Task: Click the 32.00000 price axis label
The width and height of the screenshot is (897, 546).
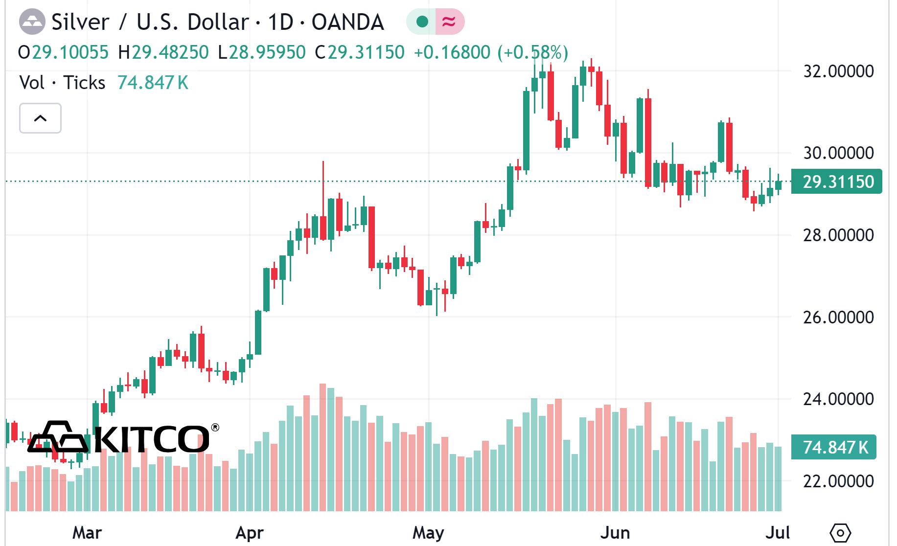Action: [x=838, y=71]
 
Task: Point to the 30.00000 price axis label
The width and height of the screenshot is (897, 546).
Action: [x=838, y=153]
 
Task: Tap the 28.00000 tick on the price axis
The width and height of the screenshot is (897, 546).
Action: [x=838, y=235]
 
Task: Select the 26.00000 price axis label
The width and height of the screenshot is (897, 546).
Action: [x=838, y=318]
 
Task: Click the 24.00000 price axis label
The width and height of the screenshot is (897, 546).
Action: [x=838, y=399]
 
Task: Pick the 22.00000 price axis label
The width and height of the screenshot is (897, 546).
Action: [x=838, y=481]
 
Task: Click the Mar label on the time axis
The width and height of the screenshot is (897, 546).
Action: [x=87, y=533]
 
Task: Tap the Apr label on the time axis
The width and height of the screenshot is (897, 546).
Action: [x=250, y=533]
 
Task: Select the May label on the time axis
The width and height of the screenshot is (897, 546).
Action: [x=428, y=533]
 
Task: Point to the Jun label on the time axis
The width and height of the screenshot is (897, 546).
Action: [x=615, y=533]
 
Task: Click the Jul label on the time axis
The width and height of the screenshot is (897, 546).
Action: [x=778, y=533]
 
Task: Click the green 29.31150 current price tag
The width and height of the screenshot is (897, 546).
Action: [x=837, y=182]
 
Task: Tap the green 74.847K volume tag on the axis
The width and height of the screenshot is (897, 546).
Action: [x=834, y=447]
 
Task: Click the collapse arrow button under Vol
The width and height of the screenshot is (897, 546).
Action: [x=40, y=118]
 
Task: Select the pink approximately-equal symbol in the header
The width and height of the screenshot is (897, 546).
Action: [x=449, y=22]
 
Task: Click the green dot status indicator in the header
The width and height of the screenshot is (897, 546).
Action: [x=422, y=22]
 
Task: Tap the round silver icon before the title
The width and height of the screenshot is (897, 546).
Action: [x=32, y=22]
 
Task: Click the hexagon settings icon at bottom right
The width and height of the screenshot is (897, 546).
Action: [x=840, y=533]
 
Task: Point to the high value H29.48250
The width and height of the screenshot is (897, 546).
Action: [x=163, y=52]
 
